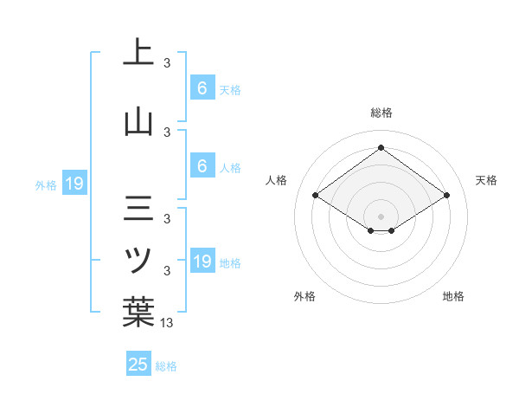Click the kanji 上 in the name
pos(138,52)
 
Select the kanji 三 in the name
pos(138,210)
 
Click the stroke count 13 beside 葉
pos(167,324)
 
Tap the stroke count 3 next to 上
pos(167,63)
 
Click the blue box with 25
pos(138,365)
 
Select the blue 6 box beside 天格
pos(202,88)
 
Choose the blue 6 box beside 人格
pos(202,166)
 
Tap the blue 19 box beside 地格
pos(202,262)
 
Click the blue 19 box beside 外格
pos(74,183)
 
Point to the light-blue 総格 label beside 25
pos(166,366)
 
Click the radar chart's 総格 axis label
pos(381,113)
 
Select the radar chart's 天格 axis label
pos(486,180)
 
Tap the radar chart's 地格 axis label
pos(453,296)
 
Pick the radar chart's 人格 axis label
pos(277,180)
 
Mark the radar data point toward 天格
pos(446,196)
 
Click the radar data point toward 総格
pos(381,147)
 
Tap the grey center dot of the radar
pos(381,215)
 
